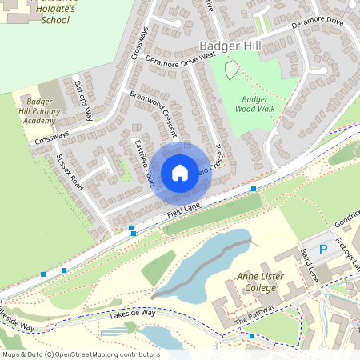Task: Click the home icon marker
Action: [x=180, y=172]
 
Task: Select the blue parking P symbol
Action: [x=323, y=250]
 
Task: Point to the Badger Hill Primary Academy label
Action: [x=39, y=110]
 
